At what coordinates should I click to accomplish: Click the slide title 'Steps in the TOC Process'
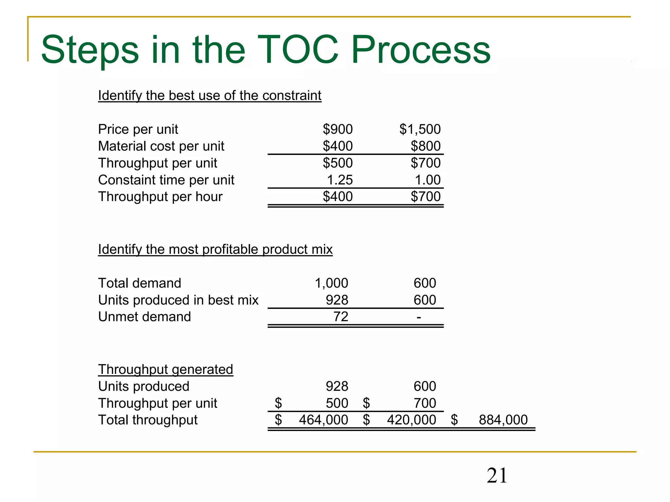pos(266,50)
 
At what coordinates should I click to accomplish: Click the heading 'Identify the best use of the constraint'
pos(210,96)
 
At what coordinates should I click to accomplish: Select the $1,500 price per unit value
pos(420,129)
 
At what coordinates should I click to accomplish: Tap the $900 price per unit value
pos(338,129)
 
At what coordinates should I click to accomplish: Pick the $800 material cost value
pos(426,146)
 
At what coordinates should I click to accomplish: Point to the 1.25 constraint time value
pos(340,180)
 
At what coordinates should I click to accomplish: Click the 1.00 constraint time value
pos(428,180)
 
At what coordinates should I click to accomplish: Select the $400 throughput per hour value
pos(338,197)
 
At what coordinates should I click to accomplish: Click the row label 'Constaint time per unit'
pos(166,180)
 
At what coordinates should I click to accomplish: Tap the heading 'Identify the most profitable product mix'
pos(215,249)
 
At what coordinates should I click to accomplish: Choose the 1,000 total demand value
pos(331,283)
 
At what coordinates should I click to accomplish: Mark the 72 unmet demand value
pos(341,317)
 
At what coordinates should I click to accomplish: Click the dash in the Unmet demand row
pos(419,317)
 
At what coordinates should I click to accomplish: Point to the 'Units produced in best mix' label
pos(178,300)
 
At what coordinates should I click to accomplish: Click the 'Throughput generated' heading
pos(166,370)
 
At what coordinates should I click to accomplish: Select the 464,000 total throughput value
pos(323,420)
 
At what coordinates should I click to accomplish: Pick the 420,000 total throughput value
pos(411,420)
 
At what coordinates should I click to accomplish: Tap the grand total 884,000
pos(503,420)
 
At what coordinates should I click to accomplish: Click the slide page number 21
pos(497,476)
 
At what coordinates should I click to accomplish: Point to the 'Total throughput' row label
pos(148,420)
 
